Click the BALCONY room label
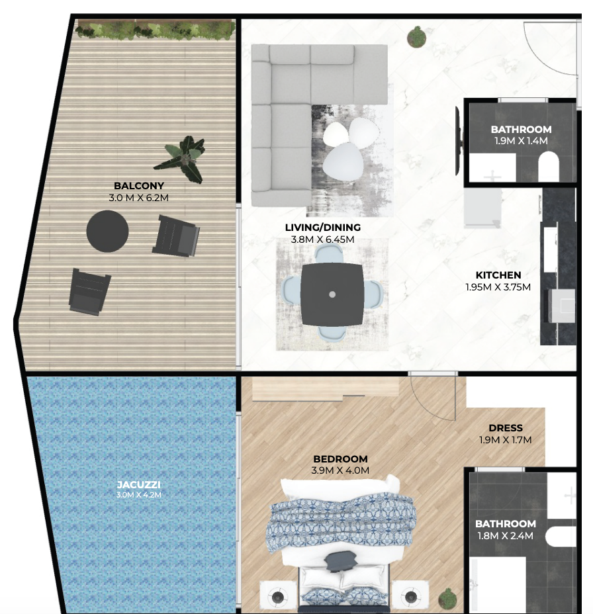coord(139,186)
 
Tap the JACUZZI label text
coord(139,485)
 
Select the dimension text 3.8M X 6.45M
coord(322,240)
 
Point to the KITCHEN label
coord(498,275)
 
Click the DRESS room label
coord(506,428)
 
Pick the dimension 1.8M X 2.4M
coord(505,536)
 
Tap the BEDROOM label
coord(340,459)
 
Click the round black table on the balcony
coord(107,231)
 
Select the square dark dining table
coord(332,294)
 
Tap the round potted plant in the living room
coord(416,37)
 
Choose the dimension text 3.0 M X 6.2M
coord(139,198)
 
